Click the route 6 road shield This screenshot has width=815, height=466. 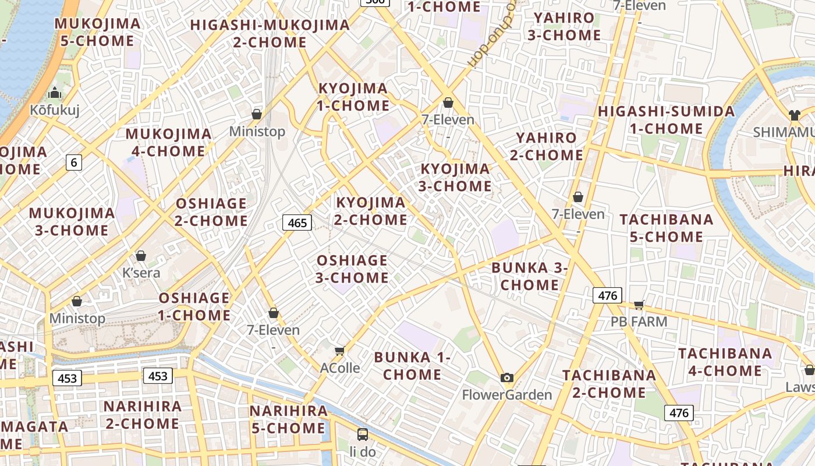73,162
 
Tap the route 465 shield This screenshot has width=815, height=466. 297,223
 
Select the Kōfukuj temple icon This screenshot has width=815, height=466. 55,93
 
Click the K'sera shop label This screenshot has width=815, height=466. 141,273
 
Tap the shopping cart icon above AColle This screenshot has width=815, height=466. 340,351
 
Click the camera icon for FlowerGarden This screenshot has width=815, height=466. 507,377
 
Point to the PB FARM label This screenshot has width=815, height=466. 639,321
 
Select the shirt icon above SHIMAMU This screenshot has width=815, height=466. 795,115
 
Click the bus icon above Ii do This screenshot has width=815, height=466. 363,434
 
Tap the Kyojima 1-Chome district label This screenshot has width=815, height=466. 353,97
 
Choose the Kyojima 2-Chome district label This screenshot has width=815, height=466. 371,211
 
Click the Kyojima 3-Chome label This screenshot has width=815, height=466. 455,178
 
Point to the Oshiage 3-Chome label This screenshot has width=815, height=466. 352,269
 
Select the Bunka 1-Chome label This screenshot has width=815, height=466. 412,366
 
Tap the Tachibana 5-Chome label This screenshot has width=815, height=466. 666,228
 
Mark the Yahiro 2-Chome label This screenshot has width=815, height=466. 546,146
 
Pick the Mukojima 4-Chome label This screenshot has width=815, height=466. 169,143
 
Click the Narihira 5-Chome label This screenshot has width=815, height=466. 289,419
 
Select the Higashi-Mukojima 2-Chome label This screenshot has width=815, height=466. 270,33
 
